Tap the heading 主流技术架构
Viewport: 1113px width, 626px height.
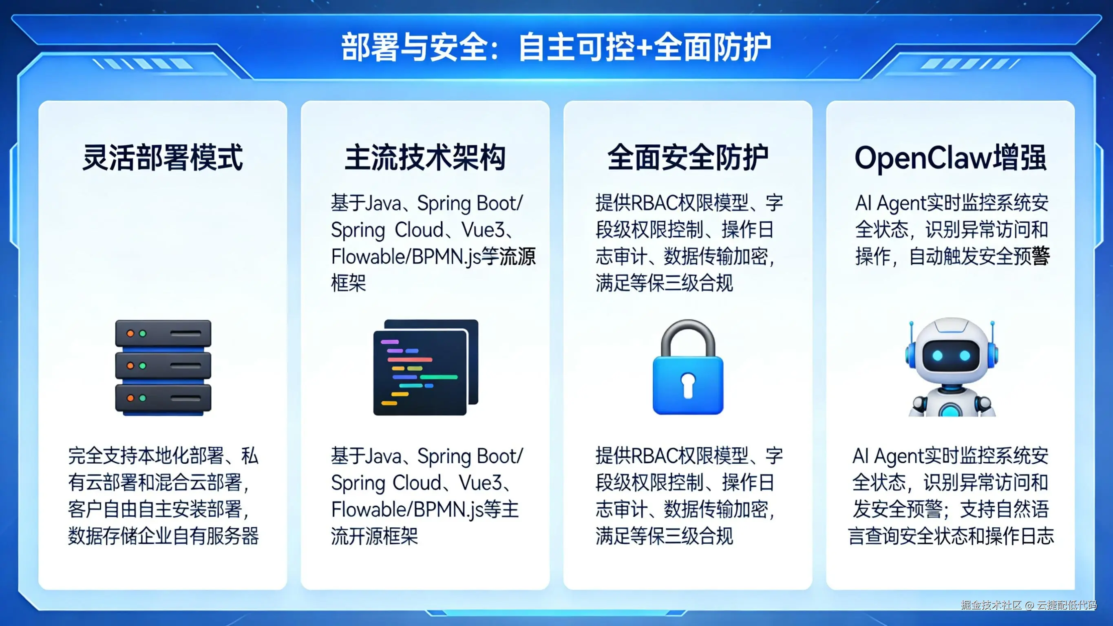(425, 157)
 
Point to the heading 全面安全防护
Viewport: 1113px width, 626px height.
(688, 157)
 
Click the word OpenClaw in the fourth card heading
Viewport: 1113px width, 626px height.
(923, 158)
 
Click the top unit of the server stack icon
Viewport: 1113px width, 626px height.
(163, 333)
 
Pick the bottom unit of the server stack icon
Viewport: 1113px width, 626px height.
(163, 398)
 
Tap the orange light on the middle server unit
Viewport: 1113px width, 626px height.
(130, 366)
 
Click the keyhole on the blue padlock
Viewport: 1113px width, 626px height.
(688, 384)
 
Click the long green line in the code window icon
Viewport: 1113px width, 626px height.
(439, 377)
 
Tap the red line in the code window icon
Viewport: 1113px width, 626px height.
(410, 359)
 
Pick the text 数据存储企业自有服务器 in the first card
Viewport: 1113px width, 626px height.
(163, 536)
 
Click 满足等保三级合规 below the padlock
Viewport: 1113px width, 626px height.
(665, 536)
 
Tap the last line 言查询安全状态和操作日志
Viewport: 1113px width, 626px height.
(951, 536)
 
